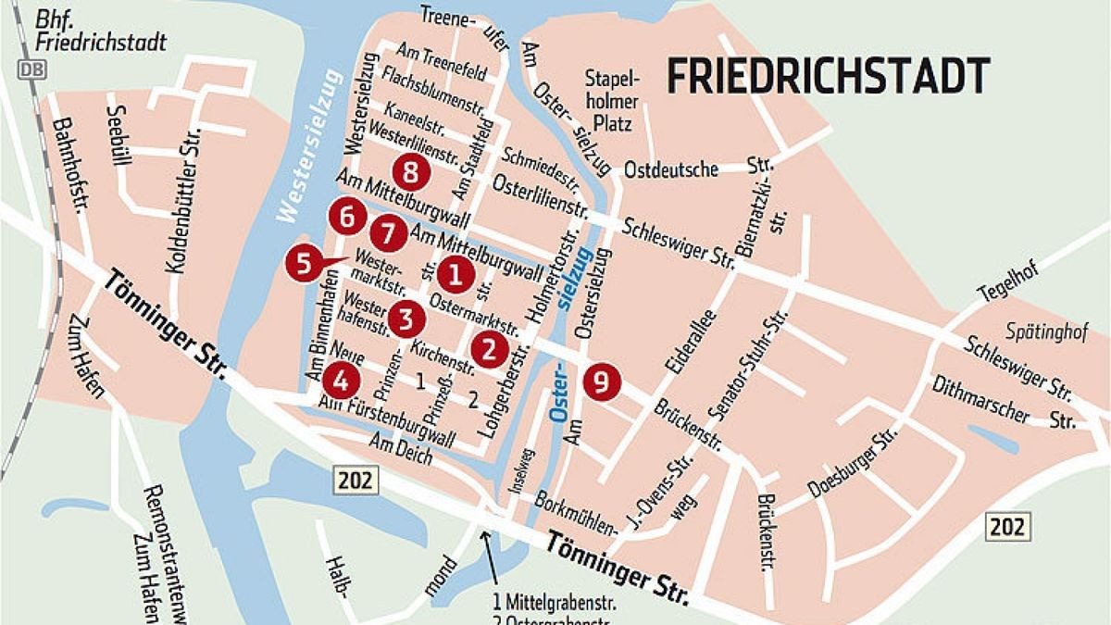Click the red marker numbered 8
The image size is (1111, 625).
click(x=409, y=171)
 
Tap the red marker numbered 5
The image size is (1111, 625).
click(x=305, y=264)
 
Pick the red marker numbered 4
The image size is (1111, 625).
click(x=341, y=379)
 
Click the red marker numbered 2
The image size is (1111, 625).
click(x=489, y=348)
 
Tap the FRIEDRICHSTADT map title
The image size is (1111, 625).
click(x=828, y=72)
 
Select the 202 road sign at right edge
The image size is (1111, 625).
click(x=1005, y=527)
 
